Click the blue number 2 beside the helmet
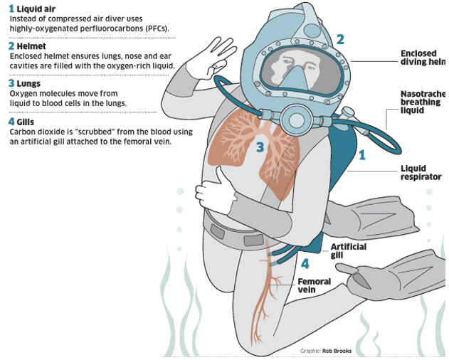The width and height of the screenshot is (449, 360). pos(341,41)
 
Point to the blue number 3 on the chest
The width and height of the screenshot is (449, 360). pos(260,147)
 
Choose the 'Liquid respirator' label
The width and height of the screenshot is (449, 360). pos(421,173)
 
